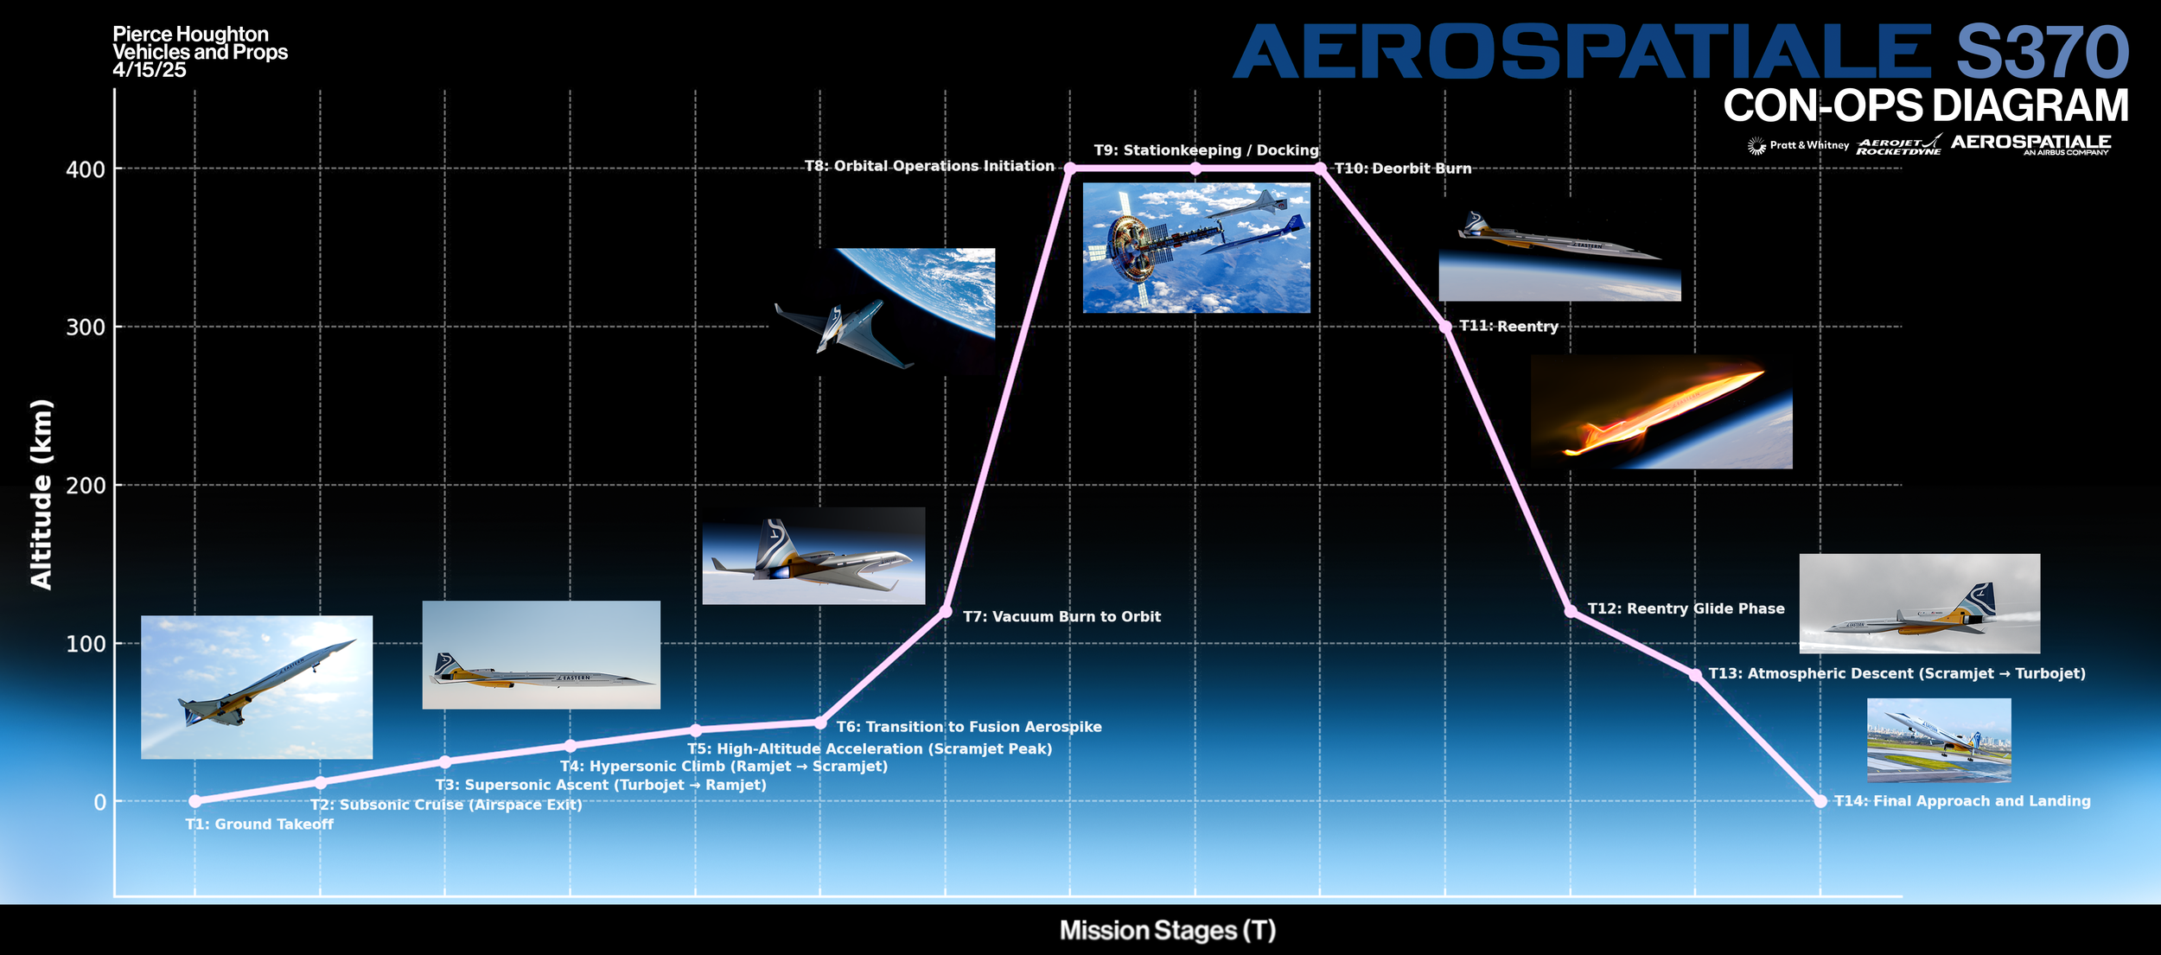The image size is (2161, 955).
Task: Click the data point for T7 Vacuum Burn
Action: click(x=946, y=612)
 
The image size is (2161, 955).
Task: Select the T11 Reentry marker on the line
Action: click(x=1445, y=327)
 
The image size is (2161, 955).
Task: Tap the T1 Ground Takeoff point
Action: click(x=195, y=801)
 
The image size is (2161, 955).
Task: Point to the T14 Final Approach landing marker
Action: click(x=1820, y=801)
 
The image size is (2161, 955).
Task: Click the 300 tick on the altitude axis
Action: click(x=86, y=328)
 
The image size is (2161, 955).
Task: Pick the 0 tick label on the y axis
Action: click(x=100, y=802)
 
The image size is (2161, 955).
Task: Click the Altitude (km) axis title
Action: click(x=41, y=494)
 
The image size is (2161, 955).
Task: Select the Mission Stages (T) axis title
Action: click(x=1168, y=930)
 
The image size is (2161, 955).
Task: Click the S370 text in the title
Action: click(x=2042, y=52)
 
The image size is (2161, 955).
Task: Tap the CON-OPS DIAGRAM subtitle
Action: click(x=1926, y=105)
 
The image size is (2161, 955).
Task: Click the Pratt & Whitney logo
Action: click(x=1798, y=145)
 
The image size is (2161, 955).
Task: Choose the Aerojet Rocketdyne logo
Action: click(x=1899, y=145)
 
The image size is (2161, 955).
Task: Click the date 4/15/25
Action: click(x=149, y=70)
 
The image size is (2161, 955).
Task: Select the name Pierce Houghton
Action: click(x=190, y=35)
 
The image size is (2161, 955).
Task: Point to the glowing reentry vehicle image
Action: click(x=1660, y=412)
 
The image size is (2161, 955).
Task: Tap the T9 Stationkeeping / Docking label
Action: click(x=1206, y=150)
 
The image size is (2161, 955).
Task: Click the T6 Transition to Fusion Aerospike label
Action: click(x=969, y=727)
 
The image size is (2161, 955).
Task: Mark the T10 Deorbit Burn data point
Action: click(x=1320, y=169)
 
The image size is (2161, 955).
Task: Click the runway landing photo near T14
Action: click(x=1939, y=740)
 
